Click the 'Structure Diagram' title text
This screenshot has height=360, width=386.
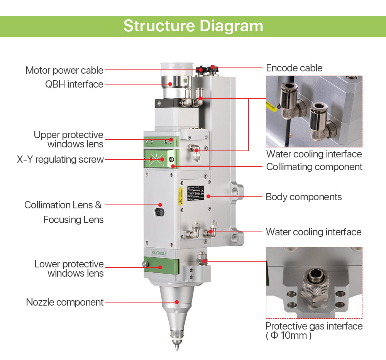(193, 26)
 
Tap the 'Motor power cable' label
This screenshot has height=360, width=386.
(64, 70)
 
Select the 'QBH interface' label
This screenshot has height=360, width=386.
(74, 84)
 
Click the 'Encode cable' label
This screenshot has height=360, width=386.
(294, 68)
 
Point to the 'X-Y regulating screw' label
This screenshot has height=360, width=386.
(60, 159)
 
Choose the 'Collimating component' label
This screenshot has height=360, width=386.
(314, 167)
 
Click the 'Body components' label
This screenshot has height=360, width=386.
(304, 197)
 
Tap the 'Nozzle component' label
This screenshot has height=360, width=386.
(65, 302)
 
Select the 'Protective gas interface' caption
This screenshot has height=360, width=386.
(314, 326)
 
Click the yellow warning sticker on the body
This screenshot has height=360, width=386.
(180, 196)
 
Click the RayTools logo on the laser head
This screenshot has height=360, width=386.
(159, 253)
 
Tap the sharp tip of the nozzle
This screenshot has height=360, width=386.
(177, 348)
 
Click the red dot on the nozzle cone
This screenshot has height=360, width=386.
(177, 302)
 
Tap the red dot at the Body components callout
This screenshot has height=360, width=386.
(208, 196)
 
